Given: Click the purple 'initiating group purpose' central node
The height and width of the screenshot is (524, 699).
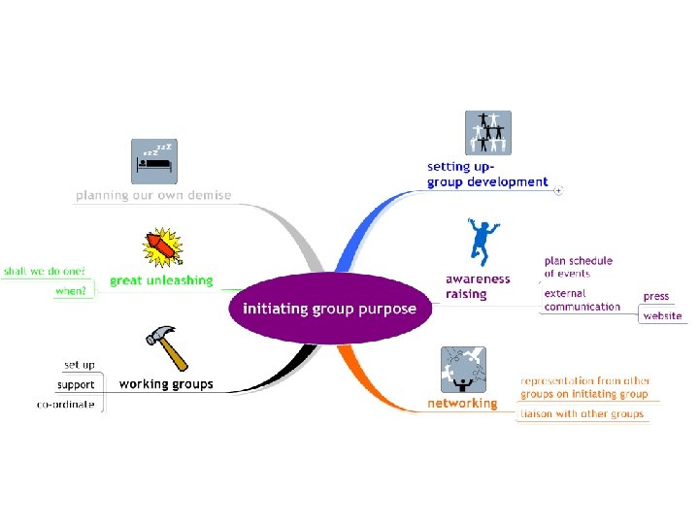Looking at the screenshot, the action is point(329,310).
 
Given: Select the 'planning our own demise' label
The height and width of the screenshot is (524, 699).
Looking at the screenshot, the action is point(154,195).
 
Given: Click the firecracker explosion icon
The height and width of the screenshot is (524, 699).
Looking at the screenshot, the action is point(163,247).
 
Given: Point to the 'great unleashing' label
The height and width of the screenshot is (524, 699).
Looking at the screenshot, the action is point(161,280).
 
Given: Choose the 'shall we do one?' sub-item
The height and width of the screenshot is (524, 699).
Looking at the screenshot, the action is point(44,271).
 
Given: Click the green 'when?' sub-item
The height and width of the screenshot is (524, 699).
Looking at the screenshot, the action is point(70,290).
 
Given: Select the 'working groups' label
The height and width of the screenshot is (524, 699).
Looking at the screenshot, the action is point(166,384).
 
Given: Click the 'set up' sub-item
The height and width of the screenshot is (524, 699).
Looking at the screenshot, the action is point(79,365).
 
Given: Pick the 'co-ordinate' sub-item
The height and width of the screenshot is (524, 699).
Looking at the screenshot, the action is point(66,404).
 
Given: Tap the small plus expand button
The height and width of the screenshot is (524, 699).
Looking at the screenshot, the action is point(558,191).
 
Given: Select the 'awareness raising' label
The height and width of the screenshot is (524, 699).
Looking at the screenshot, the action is point(477,287).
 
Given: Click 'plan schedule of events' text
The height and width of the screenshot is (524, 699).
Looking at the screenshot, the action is point(579,267).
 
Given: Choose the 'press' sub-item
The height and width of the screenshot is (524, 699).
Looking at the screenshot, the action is point(656,296).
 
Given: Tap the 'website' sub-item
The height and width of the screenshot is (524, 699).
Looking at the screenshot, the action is point(662,315).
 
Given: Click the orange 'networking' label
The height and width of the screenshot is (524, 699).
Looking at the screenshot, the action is point(462,403).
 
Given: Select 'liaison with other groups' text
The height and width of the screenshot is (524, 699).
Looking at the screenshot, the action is point(582,414).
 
